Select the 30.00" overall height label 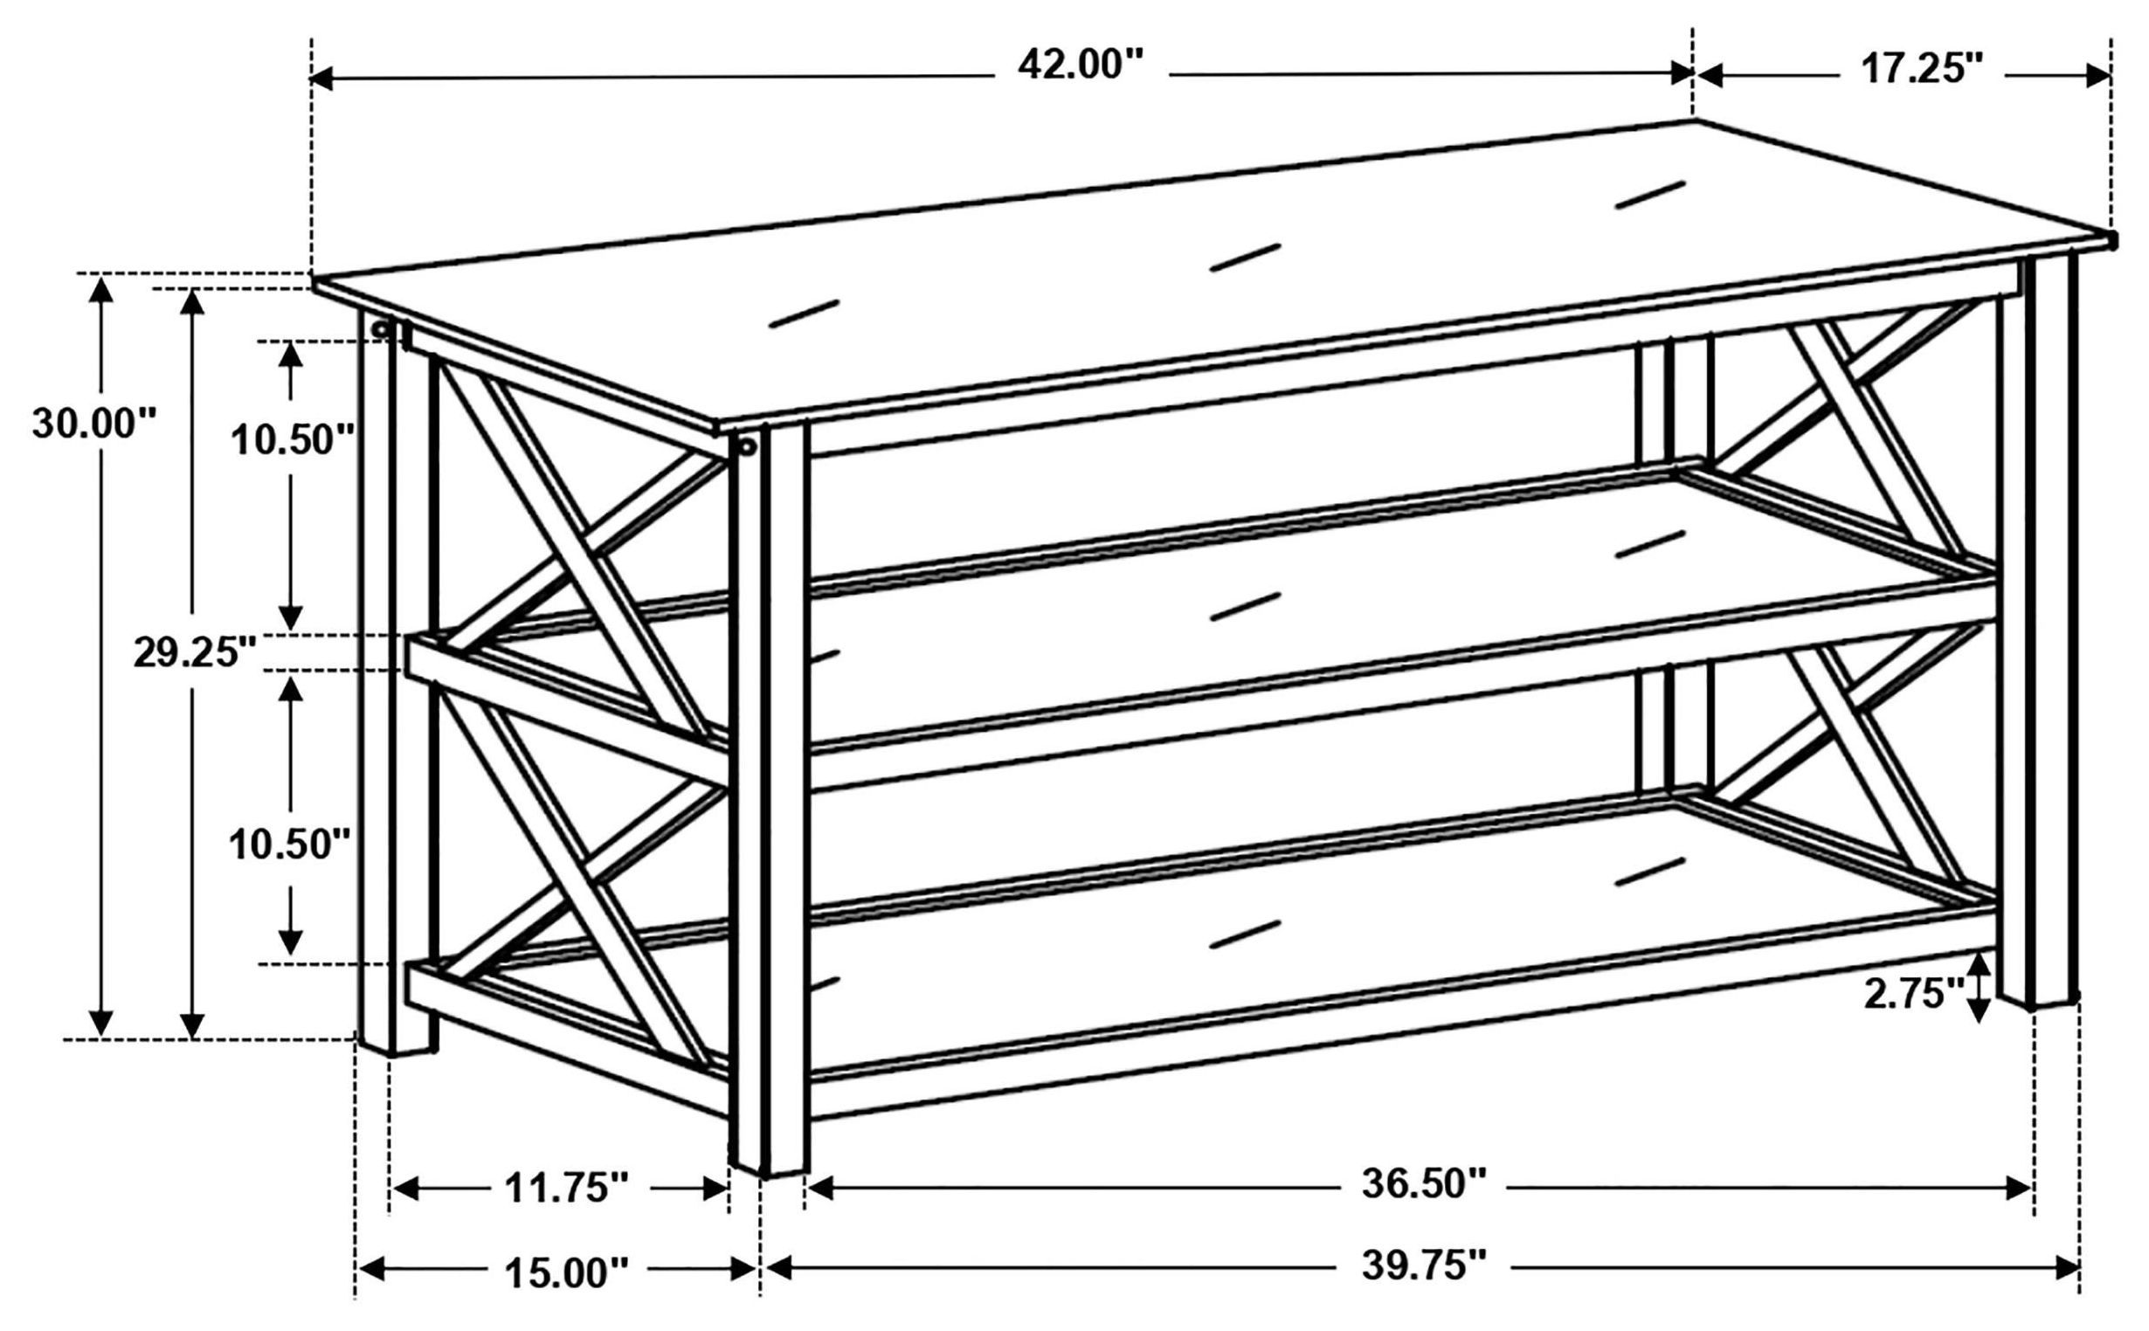coord(93,424)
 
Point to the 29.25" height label coord(195,652)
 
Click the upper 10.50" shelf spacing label coord(292,439)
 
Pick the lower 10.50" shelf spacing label coord(291,845)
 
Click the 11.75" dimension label coord(566,1190)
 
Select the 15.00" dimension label coord(566,1272)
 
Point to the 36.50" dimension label coord(1425,1183)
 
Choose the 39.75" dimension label coord(1425,1265)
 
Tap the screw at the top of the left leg coord(380,329)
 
